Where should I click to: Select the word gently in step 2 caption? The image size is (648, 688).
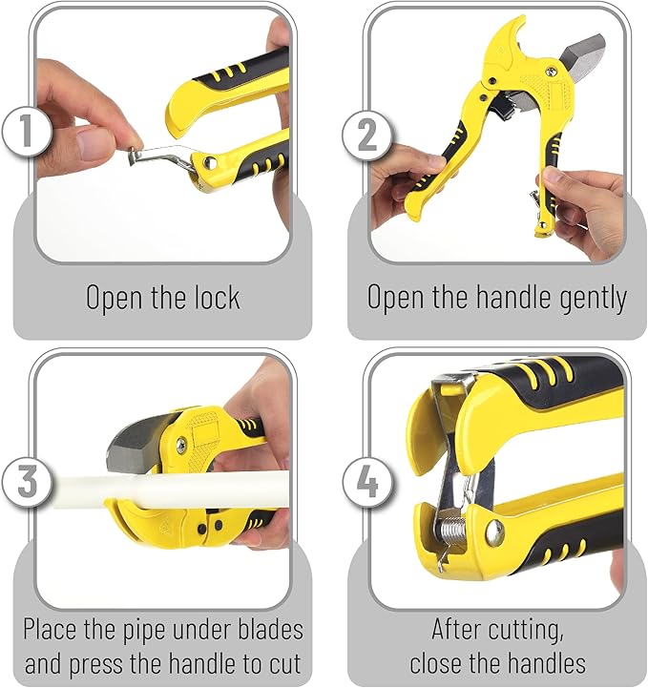[586, 298]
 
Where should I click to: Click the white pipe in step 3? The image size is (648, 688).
[191, 488]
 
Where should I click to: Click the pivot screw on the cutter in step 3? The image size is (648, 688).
[179, 443]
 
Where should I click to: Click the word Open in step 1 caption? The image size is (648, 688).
[116, 298]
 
